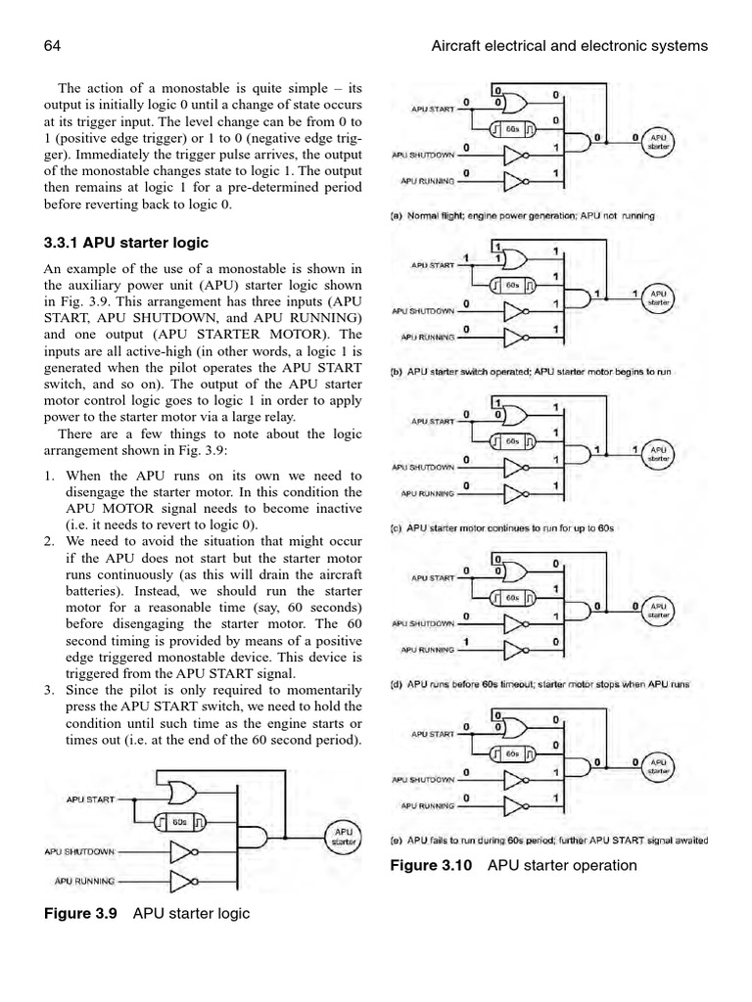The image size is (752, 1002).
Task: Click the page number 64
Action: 53,46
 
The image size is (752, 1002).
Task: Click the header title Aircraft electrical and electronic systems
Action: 568,46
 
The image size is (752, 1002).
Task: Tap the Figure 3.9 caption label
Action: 86,913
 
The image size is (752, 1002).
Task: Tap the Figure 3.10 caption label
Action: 433,865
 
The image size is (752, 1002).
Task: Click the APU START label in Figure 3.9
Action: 91,798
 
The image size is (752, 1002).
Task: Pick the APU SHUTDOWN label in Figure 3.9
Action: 79,851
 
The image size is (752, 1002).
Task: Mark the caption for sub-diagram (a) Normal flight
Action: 523,215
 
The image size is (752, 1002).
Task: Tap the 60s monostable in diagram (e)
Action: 512,753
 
